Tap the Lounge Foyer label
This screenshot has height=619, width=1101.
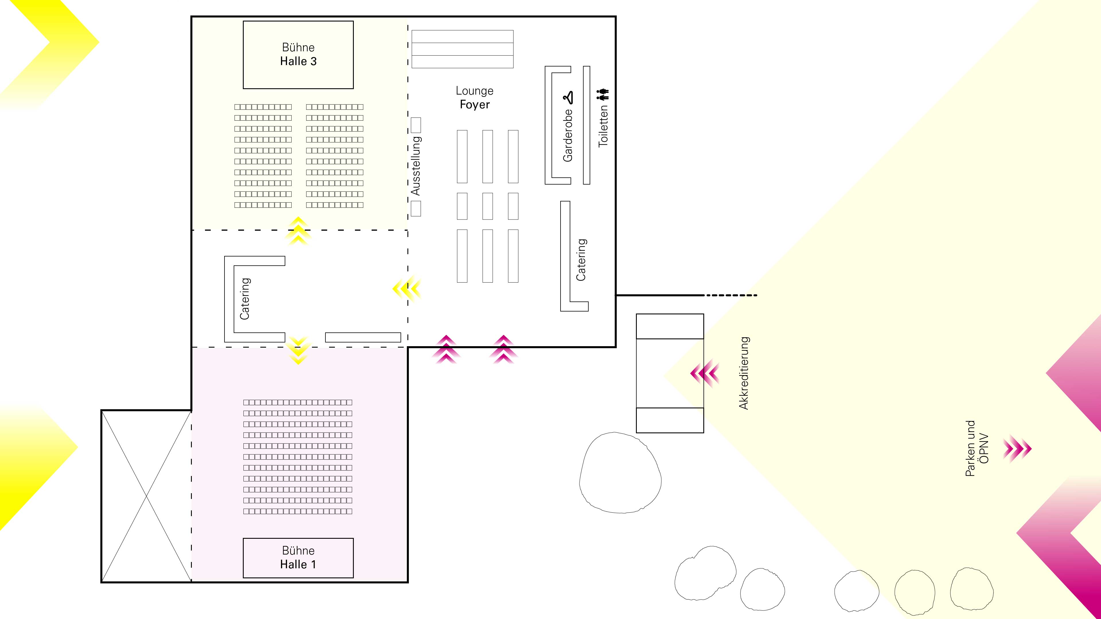[x=475, y=97]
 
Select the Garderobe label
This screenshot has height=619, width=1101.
[x=568, y=136]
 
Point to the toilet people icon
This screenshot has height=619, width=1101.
[x=603, y=94]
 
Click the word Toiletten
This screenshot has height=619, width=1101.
[x=603, y=126]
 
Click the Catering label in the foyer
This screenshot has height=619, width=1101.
[x=581, y=260]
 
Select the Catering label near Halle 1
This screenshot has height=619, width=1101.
[x=245, y=299]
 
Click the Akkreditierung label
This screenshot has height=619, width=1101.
[x=744, y=373]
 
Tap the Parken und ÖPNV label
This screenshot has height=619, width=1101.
[x=977, y=448]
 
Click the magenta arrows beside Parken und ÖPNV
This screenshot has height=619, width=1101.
[x=1018, y=448]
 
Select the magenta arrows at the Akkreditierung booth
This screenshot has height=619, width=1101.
[x=704, y=373]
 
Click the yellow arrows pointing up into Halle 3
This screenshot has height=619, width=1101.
[x=298, y=231]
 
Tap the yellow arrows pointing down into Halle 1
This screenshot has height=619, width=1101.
[x=298, y=350]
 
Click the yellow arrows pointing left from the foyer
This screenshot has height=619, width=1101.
[x=407, y=289]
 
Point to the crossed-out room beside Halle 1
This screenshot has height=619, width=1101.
[x=146, y=496]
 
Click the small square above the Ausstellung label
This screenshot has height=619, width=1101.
[x=416, y=125]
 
